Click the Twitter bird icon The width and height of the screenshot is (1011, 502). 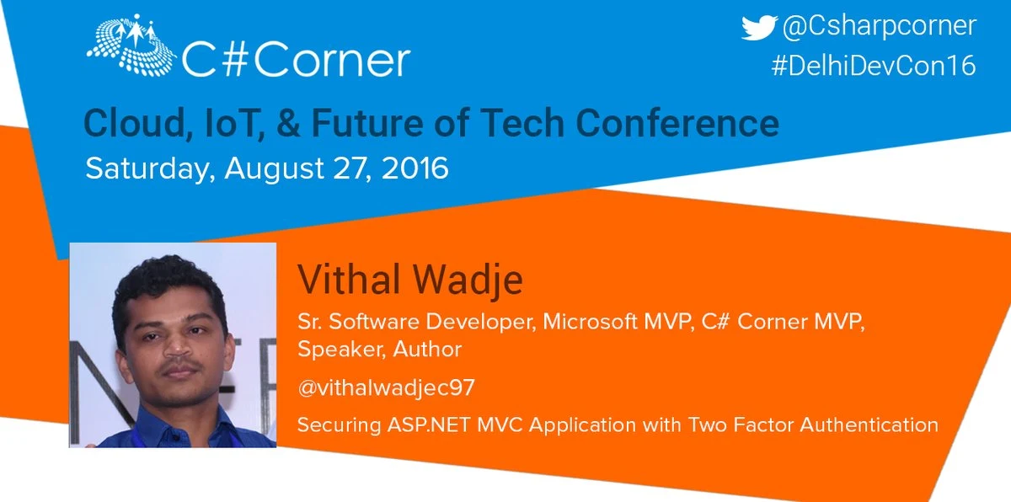759,27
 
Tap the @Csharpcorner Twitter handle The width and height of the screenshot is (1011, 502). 880,26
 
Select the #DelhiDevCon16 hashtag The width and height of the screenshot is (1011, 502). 874,66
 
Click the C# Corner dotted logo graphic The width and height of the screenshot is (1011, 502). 131,45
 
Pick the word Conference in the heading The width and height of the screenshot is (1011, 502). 677,123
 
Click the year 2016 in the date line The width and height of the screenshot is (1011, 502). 415,168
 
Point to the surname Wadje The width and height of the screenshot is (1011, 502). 468,280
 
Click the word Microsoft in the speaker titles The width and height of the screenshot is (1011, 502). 590,322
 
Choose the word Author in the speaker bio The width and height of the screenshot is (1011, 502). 427,349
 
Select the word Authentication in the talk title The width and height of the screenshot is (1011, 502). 869,425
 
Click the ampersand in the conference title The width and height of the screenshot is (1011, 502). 288,123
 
